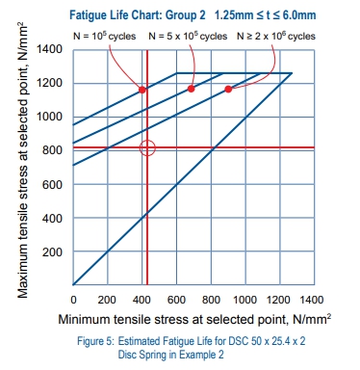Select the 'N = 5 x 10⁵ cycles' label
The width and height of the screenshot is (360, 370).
tap(188, 34)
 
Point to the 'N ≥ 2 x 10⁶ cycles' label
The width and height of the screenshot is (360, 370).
tap(276, 34)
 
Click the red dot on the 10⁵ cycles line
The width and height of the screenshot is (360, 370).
tap(143, 90)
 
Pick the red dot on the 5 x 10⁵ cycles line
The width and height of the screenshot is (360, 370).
tap(191, 89)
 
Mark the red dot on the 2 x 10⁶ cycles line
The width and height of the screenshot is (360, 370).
tap(228, 90)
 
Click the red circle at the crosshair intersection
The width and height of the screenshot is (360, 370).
tap(146, 148)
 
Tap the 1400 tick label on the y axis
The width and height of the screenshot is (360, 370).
tap(52, 48)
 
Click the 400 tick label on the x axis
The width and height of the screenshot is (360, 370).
tap(142, 300)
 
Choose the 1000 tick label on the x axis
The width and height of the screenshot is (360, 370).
tap(245, 300)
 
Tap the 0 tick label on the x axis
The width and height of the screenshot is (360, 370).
tap(74, 300)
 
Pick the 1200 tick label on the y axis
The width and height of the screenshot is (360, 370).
tap(52, 83)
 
